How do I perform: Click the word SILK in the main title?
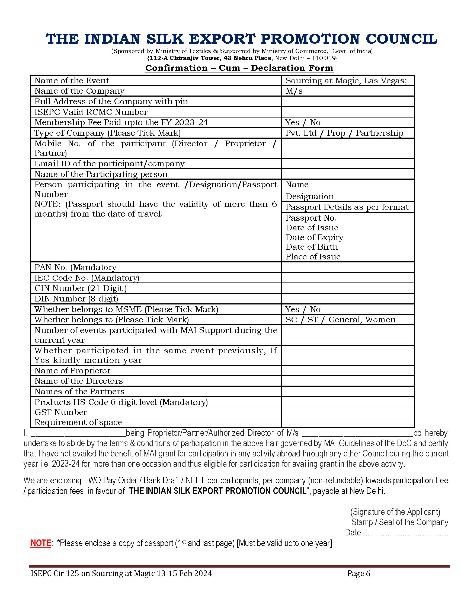tap(164, 39)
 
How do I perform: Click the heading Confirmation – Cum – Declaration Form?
tap(239, 68)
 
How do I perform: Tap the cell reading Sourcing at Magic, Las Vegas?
tap(346, 81)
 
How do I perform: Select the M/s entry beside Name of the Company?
tap(294, 91)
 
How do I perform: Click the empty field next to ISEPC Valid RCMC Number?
tap(347, 112)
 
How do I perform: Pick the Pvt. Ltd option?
tap(301, 133)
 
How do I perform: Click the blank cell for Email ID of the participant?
tap(347, 164)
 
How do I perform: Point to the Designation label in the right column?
tap(309, 196)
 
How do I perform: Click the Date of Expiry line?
tap(314, 237)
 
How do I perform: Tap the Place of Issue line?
tap(313, 257)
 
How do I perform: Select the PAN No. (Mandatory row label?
tap(75, 267)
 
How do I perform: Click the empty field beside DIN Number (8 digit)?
tap(347, 299)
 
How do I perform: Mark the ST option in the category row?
tap(312, 320)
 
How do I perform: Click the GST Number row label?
tap(61, 412)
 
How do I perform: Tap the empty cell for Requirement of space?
tap(347, 422)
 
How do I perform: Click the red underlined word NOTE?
tap(41, 543)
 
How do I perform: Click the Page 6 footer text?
tap(358, 573)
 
